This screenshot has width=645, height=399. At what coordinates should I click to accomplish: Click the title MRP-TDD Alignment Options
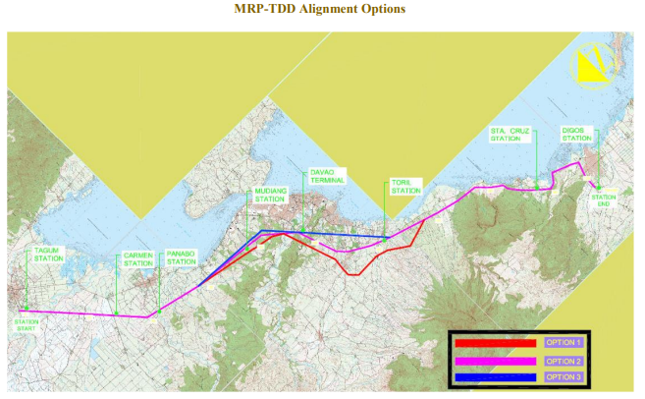point(320,9)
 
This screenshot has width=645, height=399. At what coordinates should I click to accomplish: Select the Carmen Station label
point(138,260)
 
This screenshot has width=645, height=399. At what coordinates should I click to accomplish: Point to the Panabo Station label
point(181,257)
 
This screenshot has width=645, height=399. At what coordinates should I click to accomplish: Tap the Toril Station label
point(405,187)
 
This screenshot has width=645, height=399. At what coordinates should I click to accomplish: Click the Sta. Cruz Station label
point(505,135)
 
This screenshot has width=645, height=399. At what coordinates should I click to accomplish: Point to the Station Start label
point(26,323)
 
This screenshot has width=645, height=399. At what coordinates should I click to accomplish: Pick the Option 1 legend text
point(564,342)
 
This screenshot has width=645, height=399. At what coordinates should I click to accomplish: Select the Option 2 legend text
point(564,360)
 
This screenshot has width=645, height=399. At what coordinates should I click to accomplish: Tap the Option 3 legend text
point(564,376)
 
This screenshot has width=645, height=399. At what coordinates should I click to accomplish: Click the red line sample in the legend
point(495,343)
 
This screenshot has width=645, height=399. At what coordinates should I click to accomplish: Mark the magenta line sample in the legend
point(495,360)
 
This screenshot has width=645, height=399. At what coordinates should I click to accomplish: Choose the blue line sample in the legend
point(495,376)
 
